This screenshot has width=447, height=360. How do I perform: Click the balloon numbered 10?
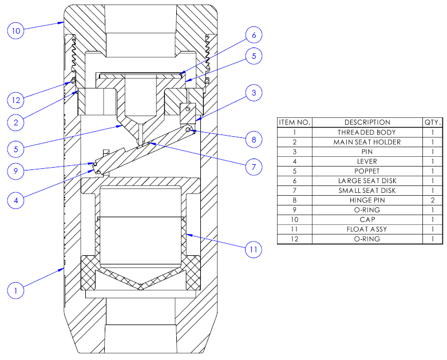pos(17,30)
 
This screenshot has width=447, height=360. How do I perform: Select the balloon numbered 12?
pos(17,100)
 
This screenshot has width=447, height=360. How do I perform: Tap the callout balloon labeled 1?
pos(17,290)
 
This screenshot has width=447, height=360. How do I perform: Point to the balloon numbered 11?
pos(253,250)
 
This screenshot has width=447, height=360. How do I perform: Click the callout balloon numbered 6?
pos(254,35)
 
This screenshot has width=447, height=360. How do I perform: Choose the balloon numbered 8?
pos(254,139)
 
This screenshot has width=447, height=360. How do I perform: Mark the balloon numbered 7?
pos(254,167)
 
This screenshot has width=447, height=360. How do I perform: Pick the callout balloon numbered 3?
pos(254,92)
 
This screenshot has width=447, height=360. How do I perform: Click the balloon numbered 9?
pos(17,169)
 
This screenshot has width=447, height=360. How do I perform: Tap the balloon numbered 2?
pos(17,121)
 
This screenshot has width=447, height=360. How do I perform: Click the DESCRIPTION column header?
pos(367,122)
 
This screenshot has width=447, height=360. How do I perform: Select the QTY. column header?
pos(433,122)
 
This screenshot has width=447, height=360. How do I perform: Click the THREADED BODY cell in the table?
pos(367,132)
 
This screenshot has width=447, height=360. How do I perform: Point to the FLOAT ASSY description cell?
pos(367,229)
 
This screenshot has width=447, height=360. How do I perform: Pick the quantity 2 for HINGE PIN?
pos(433,200)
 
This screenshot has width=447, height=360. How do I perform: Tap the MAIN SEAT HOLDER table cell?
pos(367,142)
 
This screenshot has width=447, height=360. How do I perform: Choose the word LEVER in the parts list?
pos(367,161)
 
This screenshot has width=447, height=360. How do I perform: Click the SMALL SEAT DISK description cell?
pos(367,191)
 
